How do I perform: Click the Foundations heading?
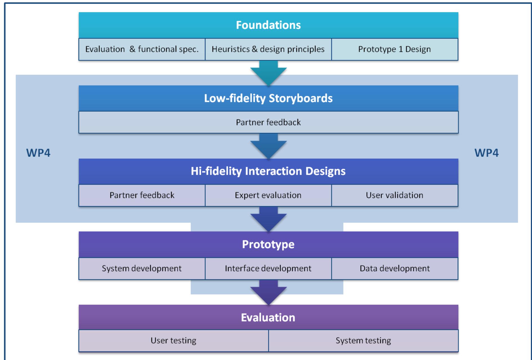(x=268, y=25)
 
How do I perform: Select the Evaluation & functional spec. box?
(x=142, y=49)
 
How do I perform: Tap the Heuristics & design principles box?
(x=268, y=49)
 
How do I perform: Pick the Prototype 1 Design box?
(x=395, y=49)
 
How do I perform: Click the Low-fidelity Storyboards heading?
(x=268, y=98)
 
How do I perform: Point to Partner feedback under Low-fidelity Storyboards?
(x=268, y=122)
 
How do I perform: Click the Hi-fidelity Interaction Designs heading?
(x=268, y=171)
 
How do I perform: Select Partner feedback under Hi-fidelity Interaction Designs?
(x=142, y=195)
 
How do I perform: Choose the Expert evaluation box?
(x=268, y=195)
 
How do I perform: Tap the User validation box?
(x=395, y=195)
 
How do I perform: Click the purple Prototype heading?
(x=268, y=244)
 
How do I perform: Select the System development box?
(x=142, y=269)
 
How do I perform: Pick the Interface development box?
(x=268, y=269)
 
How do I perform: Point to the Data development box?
(x=395, y=269)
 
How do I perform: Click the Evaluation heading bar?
(x=268, y=318)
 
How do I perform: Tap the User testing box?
(x=173, y=341)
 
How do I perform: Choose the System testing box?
(x=363, y=341)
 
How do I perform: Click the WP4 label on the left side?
(x=38, y=153)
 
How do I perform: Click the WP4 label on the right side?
(x=486, y=153)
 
